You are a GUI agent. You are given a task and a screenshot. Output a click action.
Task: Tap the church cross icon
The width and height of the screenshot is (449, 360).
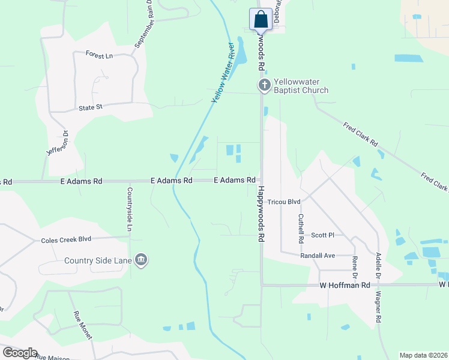point(264,86)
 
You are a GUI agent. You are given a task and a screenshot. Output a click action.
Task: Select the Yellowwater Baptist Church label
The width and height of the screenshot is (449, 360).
point(301,86)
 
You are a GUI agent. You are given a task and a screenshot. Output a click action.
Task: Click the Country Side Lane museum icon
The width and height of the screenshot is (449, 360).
point(141,260)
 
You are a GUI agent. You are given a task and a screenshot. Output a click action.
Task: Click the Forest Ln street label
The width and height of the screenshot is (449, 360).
point(99,56)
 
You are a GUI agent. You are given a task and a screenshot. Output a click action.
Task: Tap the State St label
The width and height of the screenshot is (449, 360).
point(91,107)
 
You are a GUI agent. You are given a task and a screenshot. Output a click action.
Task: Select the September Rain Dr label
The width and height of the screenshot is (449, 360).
point(144,25)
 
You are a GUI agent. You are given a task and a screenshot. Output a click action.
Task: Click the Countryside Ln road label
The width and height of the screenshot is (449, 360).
point(128,209)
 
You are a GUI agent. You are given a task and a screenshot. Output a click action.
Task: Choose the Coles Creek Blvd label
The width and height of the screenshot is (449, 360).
point(66,239)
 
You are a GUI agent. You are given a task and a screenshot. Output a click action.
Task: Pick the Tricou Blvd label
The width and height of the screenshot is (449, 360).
point(284,202)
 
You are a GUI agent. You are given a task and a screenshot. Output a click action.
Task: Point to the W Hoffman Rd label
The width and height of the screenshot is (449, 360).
point(345,286)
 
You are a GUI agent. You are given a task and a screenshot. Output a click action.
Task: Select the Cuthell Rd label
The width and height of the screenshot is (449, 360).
point(301,229)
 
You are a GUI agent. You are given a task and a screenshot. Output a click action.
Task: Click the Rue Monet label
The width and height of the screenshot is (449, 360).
point(82,325)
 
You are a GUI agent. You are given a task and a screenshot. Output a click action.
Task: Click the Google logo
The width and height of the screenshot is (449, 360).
point(20,353)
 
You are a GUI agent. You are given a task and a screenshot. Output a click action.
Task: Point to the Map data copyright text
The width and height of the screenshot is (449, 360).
point(423,355)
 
